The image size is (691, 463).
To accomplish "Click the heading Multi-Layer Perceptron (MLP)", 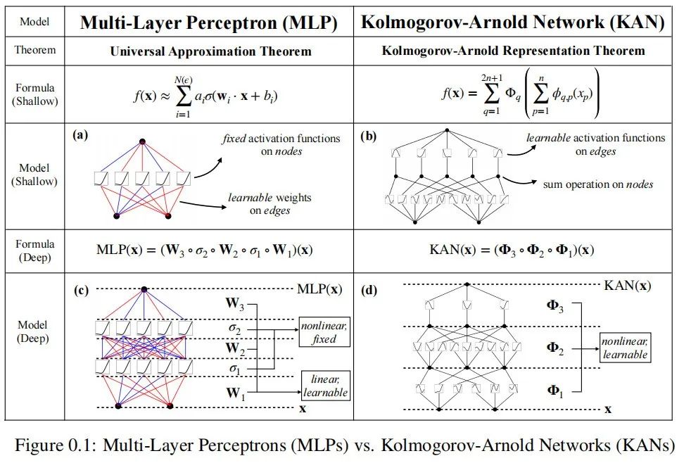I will tap(208, 23).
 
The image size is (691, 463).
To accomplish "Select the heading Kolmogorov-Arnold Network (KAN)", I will tap(512, 23).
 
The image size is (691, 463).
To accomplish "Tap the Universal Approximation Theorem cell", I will tap(210, 51).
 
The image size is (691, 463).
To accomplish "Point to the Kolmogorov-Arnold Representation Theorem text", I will tap(513, 51).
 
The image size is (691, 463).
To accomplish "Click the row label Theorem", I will tap(35, 51).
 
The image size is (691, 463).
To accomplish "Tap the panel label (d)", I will tap(369, 289).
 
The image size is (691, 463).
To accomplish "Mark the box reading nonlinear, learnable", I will tap(624, 348).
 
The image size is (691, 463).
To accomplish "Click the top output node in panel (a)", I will tap(143, 141).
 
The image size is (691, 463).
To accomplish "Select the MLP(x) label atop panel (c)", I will tap(319, 289).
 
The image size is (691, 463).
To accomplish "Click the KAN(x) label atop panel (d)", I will tap(628, 286).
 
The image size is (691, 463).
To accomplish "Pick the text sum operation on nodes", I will tap(598, 184).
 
